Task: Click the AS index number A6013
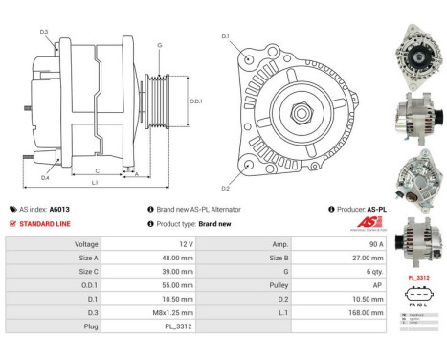click(x=58, y=209)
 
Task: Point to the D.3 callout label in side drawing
click(x=44, y=33)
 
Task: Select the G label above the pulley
click(x=159, y=45)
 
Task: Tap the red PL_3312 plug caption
click(x=416, y=278)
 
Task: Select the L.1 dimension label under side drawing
click(x=95, y=182)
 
